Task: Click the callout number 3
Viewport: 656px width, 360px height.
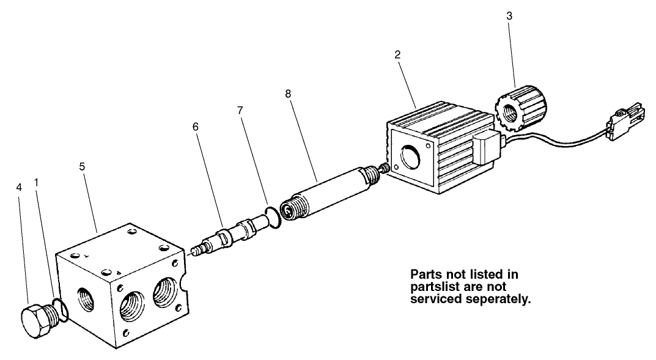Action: coord(509,16)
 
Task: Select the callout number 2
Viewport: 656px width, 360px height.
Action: coord(397,54)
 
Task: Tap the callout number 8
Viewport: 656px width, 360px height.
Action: coord(287,95)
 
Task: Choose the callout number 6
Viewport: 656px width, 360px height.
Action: coord(195,127)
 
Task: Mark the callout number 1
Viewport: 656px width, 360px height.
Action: coord(37,182)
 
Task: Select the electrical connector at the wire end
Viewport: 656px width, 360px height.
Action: coord(623,126)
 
